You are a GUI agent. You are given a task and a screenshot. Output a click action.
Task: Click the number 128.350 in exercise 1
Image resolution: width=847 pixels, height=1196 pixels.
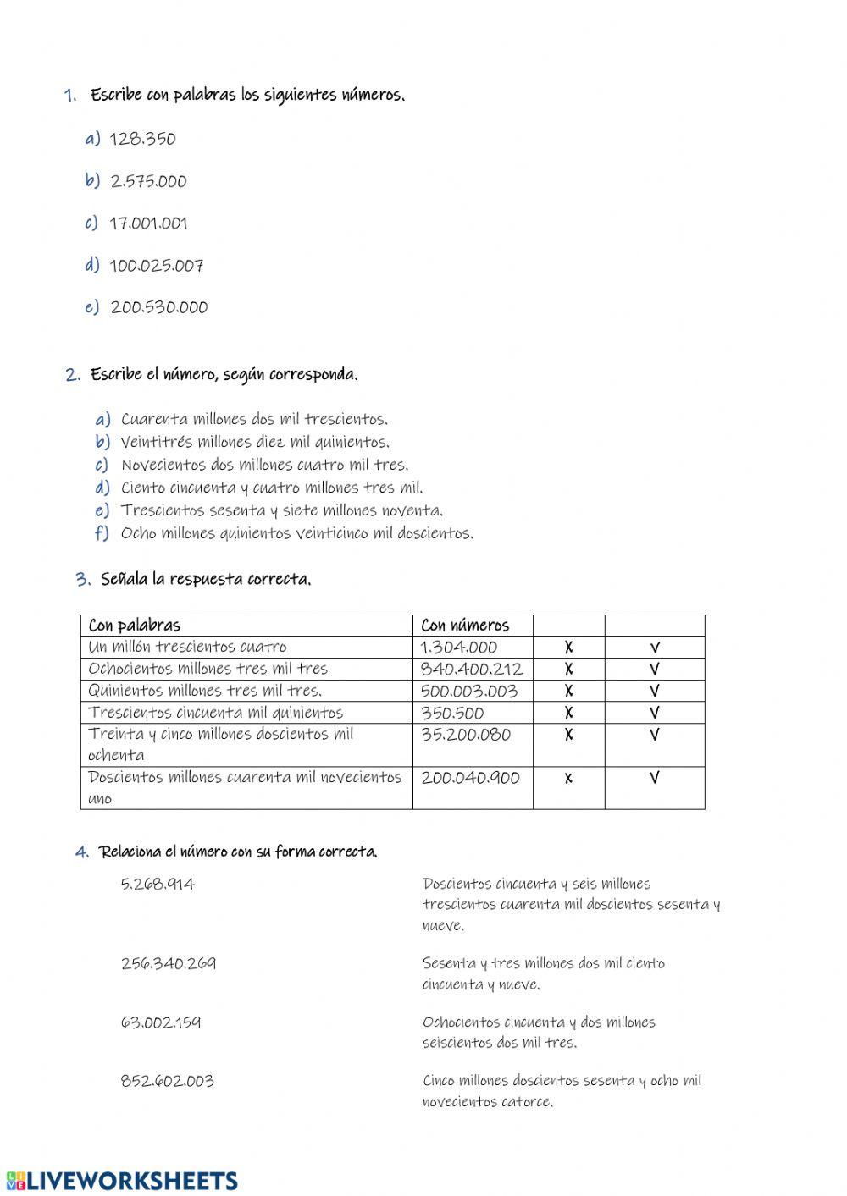(x=142, y=139)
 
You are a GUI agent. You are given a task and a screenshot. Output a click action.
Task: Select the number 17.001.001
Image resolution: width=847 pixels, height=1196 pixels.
(x=148, y=223)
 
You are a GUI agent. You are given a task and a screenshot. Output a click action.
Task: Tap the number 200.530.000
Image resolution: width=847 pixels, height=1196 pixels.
(x=158, y=307)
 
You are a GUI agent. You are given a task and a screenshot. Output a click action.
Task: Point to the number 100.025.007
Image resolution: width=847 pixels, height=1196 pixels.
(x=157, y=266)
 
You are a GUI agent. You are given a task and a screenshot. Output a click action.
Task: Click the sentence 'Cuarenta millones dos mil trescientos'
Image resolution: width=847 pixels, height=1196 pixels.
(x=254, y=419)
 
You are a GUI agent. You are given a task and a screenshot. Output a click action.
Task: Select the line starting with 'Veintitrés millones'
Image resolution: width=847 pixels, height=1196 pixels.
(x=255, y=442)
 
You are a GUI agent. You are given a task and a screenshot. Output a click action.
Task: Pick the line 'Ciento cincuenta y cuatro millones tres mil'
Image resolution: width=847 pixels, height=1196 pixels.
(x=272, y=488)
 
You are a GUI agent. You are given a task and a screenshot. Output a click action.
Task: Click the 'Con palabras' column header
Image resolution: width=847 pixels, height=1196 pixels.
(x=134, y=626)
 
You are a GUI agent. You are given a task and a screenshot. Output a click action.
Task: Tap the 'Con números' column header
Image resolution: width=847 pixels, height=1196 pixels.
(x=465, y=626)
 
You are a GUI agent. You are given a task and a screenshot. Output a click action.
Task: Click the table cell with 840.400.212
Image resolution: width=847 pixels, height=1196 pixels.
(x=471, y=670)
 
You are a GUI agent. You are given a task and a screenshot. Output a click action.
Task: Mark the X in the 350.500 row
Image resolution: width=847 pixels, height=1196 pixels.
(x=568, y=713)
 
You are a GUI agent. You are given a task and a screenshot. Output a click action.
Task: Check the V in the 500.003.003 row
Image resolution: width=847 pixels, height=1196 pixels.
(x=654, y=691)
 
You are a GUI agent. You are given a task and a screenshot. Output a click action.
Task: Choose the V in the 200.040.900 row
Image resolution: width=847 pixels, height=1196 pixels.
(x=654, y=778)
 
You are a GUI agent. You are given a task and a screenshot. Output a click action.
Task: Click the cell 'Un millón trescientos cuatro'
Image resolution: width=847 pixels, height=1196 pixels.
(x=187, y=648)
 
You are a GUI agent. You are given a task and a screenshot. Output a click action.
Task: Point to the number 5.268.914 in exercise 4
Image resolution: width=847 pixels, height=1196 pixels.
(x=158, y=885)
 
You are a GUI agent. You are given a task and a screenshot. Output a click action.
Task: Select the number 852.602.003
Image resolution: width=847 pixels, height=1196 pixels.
(x=167, y=1081)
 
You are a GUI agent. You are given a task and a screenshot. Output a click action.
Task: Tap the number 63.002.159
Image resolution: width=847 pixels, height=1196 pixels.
(x=161, y=1022)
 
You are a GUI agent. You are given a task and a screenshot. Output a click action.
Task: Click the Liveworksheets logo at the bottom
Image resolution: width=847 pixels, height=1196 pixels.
(x=122, y=1181)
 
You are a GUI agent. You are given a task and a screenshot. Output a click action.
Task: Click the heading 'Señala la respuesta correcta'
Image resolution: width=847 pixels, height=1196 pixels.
(x=205, y=580)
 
